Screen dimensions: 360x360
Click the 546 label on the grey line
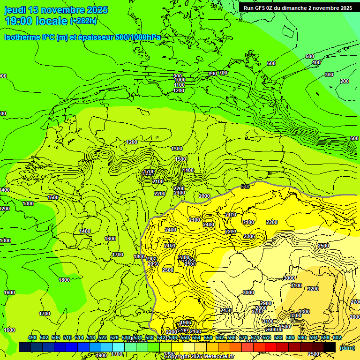click(x=245, y=187)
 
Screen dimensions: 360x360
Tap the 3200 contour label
click(x=313, y=289)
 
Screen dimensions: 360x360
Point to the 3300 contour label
click(x=304, y=312)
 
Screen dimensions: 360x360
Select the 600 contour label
click(x=271, y=63)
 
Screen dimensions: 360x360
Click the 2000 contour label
click(x=204, y=196)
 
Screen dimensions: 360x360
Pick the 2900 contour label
click(x=266, y=303)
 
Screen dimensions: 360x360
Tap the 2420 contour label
click(x=226, y=310)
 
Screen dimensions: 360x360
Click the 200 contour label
click(x=345, y=81)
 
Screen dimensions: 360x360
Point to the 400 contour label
click(x=316, y=62)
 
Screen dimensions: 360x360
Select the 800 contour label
click(x=213, y=74)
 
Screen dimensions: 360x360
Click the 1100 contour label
click(x=179, y=85)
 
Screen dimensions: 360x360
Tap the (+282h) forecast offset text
click(x=83, y=21)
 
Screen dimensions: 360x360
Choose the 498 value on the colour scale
click(x=32, y=338)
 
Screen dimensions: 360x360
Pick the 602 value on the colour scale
click(x=337, y=338)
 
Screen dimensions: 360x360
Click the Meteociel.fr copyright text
click(x=216, y=356)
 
